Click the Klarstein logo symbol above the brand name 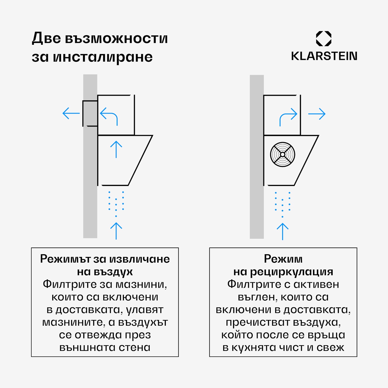pos(324,39)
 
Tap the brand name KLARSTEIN pos(324,56)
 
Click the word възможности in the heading pos(116,39)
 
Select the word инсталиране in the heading pos(103,57)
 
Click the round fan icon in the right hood pos(282,154)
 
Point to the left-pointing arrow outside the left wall pos(71,113)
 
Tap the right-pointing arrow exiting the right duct pos(317,114)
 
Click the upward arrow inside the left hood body pos(116,149)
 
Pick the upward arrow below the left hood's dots pos(116,231)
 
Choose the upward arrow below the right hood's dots pos(282,231)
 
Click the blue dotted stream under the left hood pos(116,203)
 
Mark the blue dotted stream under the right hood pos(282,204)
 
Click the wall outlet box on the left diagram pos(90,113)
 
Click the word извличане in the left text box pos(139,259)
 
